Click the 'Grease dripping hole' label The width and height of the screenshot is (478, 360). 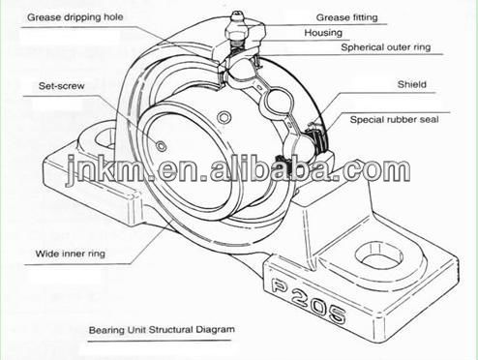(x=75, y=17)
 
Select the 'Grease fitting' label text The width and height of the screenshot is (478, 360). (x=346, y=17)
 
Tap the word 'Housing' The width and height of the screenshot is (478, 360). (x=323, y=33)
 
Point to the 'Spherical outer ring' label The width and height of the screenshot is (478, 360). (x=386, y=47)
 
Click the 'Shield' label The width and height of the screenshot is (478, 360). (x=412, y=84)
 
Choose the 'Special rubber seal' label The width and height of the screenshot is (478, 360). (x=394, y=120)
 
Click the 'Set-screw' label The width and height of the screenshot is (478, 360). (x=61, y=86)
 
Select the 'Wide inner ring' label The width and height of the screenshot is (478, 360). (x=71, y=254)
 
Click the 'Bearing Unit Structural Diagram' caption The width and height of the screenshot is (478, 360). (x=162, y=330)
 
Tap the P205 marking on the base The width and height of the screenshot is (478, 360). (x=308, y=298)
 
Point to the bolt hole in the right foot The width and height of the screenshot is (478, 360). (x=378, y=256)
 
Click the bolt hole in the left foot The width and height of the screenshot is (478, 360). (x=105, y=138)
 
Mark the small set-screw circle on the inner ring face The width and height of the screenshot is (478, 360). (x=161, y=146)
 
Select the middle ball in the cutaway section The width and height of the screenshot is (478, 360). (x=279, y=102)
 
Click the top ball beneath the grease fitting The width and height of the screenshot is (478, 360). (x=242, y=71)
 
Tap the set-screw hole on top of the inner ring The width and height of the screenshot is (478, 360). (x=224, y=117)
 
